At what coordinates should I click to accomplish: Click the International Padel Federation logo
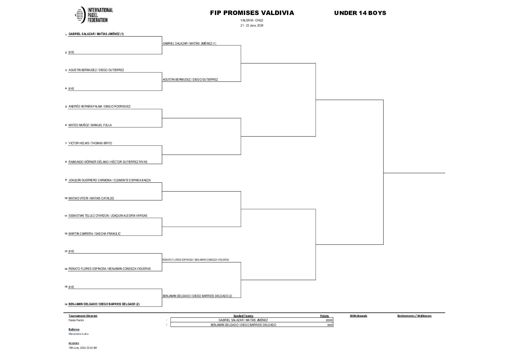point(94,15)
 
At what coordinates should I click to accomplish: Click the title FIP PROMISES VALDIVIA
point(252,13)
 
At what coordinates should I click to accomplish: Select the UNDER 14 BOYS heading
point(360,13)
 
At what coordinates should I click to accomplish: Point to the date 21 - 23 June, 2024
point(252,26)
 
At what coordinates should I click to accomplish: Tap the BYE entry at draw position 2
point(71,52)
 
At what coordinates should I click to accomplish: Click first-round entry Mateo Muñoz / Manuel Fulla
point(90,125)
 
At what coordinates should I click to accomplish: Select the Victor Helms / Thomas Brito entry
point(90,143)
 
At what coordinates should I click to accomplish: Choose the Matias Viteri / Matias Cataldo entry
point(91,198)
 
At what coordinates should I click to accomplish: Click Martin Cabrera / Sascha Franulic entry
point(95,234)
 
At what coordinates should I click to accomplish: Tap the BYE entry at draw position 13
point(71,251)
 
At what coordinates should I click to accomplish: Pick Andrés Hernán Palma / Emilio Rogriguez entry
point(99,107)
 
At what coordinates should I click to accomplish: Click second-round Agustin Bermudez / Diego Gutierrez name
point(190,80)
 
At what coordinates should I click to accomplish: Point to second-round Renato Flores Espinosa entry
point(196,260)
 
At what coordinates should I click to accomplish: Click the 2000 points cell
point(329,320)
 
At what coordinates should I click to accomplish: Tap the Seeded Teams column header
point(243,316)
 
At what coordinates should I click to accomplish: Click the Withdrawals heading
point(358,316)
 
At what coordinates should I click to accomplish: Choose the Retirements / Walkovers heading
point(414,316)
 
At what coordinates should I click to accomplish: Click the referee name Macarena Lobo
point(79,334)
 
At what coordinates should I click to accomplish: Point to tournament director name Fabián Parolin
point(76,320)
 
